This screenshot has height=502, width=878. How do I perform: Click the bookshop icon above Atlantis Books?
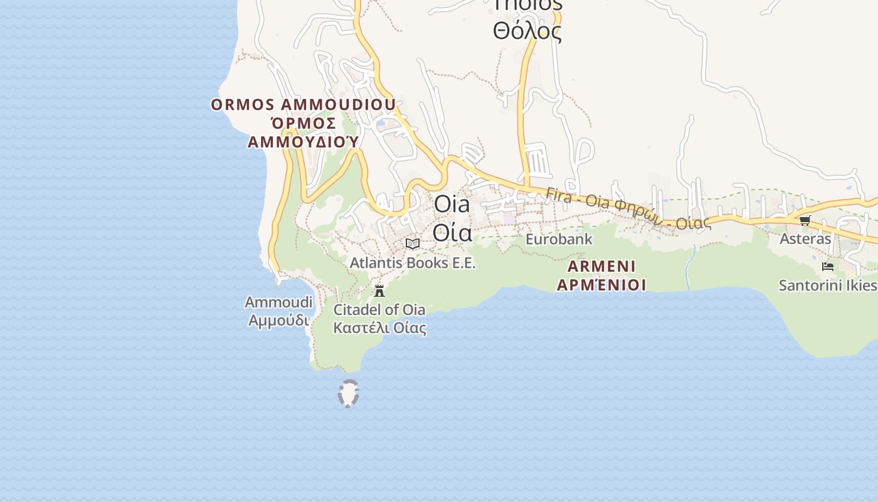pyautogui.click(x=413, y=243)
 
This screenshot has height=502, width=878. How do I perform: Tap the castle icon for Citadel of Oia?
pyautogui.click(x=379, y=291)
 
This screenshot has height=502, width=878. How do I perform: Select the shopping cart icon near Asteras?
pyautogui.click(x=805, y=220)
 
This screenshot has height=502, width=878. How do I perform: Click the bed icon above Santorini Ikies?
pyautogui.click(x=828, y=267)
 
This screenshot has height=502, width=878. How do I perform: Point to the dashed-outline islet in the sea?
pyautogui.click(x=348, y=393)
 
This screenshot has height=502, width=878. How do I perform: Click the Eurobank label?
pyautogui.click(x=558, y=239)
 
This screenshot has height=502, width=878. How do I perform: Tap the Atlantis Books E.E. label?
pyautogui.click(x=413, y=263)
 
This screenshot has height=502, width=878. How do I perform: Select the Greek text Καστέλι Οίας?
pyautogui.click(x=379, y=328)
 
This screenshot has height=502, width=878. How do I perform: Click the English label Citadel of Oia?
pyautogui.click(x=379, y=309)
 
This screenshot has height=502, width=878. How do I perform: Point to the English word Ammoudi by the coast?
pyautogui.click(x=278, y=302)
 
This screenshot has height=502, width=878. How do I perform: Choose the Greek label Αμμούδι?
pyautogui.click(x=278, y=320)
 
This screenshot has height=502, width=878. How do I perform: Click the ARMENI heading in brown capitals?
pyautogui.click(x=601, y=266)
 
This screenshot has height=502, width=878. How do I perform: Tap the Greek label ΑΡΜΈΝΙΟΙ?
pyautogui.click(x=601, y=285)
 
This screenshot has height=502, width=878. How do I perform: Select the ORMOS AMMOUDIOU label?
pyautogui.click(x=303, y=104)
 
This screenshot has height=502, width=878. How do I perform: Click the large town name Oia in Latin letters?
pyautogui.click(x=452, y=205)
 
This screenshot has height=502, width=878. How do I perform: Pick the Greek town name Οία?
pyautogui.click(x=452, y=232)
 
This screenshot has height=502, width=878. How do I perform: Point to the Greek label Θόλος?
pyautogui.click(x=527, y=30)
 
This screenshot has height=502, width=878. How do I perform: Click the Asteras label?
pyautogui.click(x=805, y=238)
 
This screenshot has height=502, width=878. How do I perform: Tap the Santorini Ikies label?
pyautogui.click(x=827, y=286)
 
